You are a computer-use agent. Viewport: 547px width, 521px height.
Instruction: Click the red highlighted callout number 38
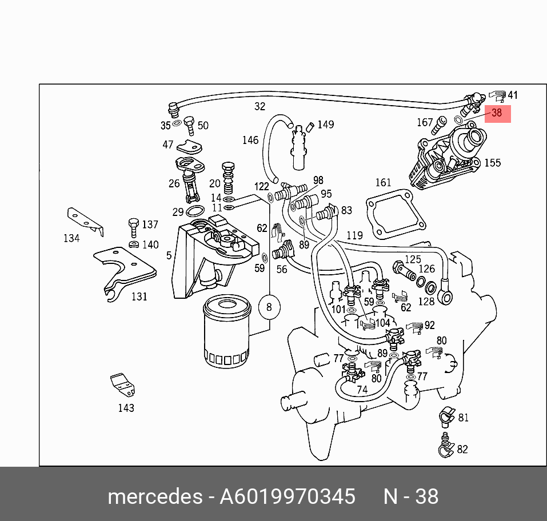(496, 113)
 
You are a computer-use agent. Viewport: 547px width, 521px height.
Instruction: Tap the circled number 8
(269, 308)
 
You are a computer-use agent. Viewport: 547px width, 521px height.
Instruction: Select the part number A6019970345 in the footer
(288, 496)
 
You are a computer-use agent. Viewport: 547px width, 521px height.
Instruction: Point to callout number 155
(492, 163)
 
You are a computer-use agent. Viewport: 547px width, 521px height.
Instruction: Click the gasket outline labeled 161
(394, 216)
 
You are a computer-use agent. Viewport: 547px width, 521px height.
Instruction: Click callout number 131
(139, 296)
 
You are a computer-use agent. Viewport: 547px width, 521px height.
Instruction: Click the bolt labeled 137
(134, 226)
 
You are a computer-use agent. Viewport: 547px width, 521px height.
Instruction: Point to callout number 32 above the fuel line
(260, 106)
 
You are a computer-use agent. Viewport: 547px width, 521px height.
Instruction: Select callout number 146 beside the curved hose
(250, 140)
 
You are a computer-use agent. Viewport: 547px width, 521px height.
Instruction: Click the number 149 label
(325, 125)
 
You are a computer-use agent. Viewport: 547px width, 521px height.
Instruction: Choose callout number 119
(354, 235)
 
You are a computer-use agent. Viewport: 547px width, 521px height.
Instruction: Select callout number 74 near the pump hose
(362, 390)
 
